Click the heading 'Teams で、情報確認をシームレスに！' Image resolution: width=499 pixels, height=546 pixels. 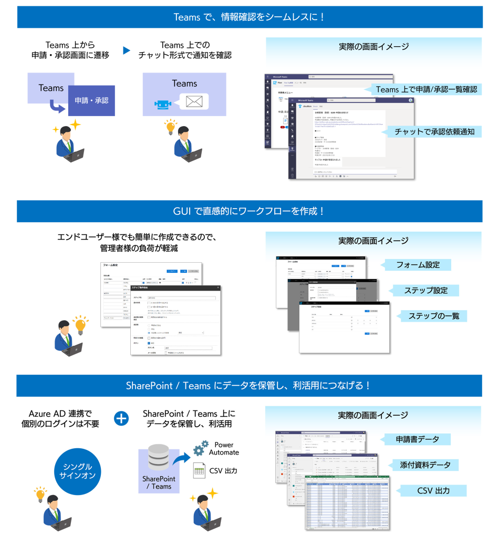point(250,17)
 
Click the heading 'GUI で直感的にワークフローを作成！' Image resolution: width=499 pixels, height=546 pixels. point(250,211)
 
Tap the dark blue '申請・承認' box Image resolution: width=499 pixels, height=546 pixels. point(91,100)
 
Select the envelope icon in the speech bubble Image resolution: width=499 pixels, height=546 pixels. point(194,102)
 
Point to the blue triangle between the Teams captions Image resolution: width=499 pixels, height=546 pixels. point(126,50)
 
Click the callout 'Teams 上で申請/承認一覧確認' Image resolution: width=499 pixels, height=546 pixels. point(426,89)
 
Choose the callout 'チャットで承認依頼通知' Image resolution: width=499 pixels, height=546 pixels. point(434,131)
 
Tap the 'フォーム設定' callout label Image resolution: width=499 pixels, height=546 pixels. point(418,264)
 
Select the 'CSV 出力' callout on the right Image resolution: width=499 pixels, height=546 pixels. point(433,490)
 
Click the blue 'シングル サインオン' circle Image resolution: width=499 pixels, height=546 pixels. point(78,471)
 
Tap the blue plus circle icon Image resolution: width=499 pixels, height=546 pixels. point(122,418)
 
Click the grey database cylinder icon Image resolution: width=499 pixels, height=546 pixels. point(158,457)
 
